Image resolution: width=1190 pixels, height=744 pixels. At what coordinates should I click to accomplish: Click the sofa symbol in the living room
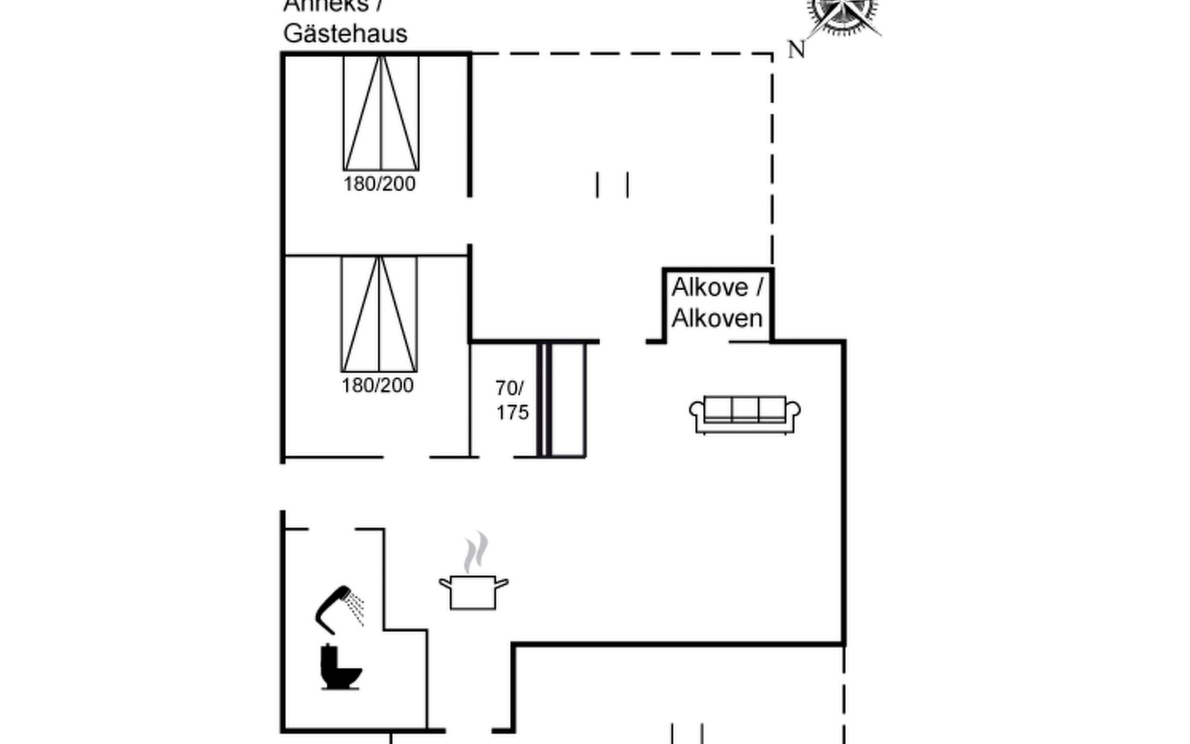click(744, 414)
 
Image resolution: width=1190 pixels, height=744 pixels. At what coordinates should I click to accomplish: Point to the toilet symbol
click(340, 667)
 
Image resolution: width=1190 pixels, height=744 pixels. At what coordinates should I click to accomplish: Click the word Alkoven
click(716, 319)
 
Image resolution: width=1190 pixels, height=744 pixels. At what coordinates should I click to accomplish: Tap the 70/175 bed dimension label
click(511, 401)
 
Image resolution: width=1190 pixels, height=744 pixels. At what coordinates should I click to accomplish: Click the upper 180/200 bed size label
click(379, 184)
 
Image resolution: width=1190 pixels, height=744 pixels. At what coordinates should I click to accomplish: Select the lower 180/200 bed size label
click(377, 386)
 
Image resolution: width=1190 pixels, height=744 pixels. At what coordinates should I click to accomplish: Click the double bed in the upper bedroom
click(381, 113)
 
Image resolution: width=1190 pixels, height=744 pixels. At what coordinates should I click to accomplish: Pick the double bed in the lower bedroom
click(379, 314)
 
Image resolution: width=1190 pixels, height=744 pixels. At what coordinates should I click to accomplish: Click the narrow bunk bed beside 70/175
click(562, 400)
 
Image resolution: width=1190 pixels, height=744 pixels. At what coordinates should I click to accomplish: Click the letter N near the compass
click(796, 50)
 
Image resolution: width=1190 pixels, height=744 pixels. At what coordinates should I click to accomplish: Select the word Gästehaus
click(345, 33)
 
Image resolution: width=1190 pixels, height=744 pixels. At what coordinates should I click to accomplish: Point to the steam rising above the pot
click(475, 551)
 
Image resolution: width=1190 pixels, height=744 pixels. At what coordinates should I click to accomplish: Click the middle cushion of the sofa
click(745, 409)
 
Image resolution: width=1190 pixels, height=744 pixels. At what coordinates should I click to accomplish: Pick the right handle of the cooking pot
click(501, 583)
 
